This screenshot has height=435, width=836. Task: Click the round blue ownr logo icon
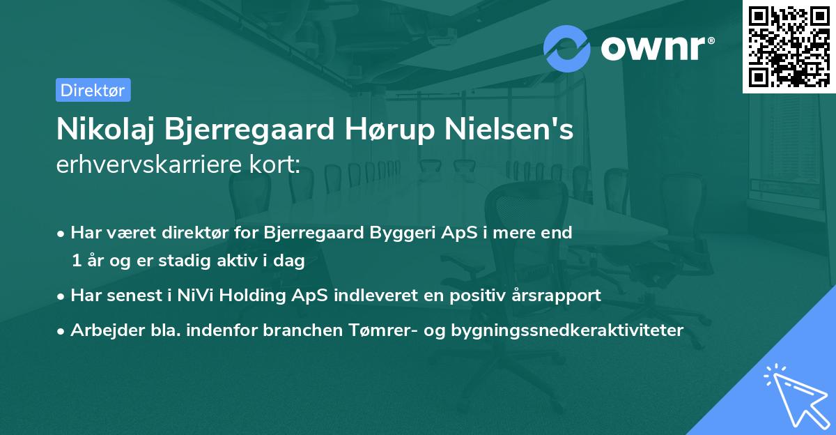(567, 49)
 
